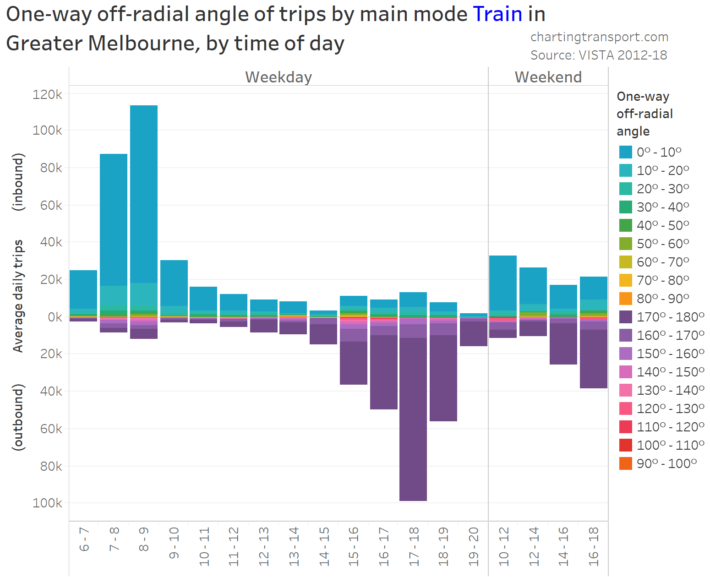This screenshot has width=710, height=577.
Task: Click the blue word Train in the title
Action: point(497,14)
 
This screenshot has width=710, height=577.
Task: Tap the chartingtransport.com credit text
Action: point(599,37)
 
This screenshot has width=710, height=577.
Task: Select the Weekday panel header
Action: point(279,77)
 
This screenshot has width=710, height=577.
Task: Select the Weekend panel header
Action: point(548,77)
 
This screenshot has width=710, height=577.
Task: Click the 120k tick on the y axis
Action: point(47,94)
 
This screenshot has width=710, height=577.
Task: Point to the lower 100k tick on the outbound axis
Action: point(47,503)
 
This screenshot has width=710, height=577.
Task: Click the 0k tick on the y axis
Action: point(54,317)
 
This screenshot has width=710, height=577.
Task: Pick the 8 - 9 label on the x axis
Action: point(144,540)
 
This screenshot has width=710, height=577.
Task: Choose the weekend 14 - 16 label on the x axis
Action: point(563,546)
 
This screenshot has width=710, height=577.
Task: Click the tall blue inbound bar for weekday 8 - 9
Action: point(144,192)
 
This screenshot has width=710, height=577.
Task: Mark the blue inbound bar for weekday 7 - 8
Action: point(114,220)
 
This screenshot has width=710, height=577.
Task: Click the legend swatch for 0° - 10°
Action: point(625,152)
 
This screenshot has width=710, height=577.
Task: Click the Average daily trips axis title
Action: point(18,296)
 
